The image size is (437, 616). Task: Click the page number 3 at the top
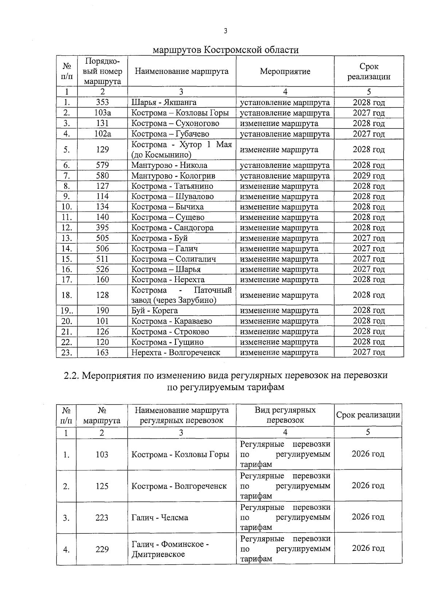point(225,31)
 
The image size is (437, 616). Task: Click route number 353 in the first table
point(102,103)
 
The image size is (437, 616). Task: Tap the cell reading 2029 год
point(369,176)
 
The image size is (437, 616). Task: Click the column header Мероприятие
point(285,71)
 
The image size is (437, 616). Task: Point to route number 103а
point(102,113)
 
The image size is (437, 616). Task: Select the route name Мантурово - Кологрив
point(173,176)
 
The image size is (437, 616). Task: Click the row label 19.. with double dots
point(67,311)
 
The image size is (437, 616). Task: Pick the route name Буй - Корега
point(154,311)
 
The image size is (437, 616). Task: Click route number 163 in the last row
point(102,352)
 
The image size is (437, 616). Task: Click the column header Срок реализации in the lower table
point(368,415)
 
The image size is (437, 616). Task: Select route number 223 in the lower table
point(102,518)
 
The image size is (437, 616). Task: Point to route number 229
point(102,549)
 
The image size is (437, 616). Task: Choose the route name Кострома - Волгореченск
point(179,486)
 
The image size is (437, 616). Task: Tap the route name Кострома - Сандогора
point(172,228)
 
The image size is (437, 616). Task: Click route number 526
point(102,269)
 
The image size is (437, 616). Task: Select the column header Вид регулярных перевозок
point(285,415)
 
